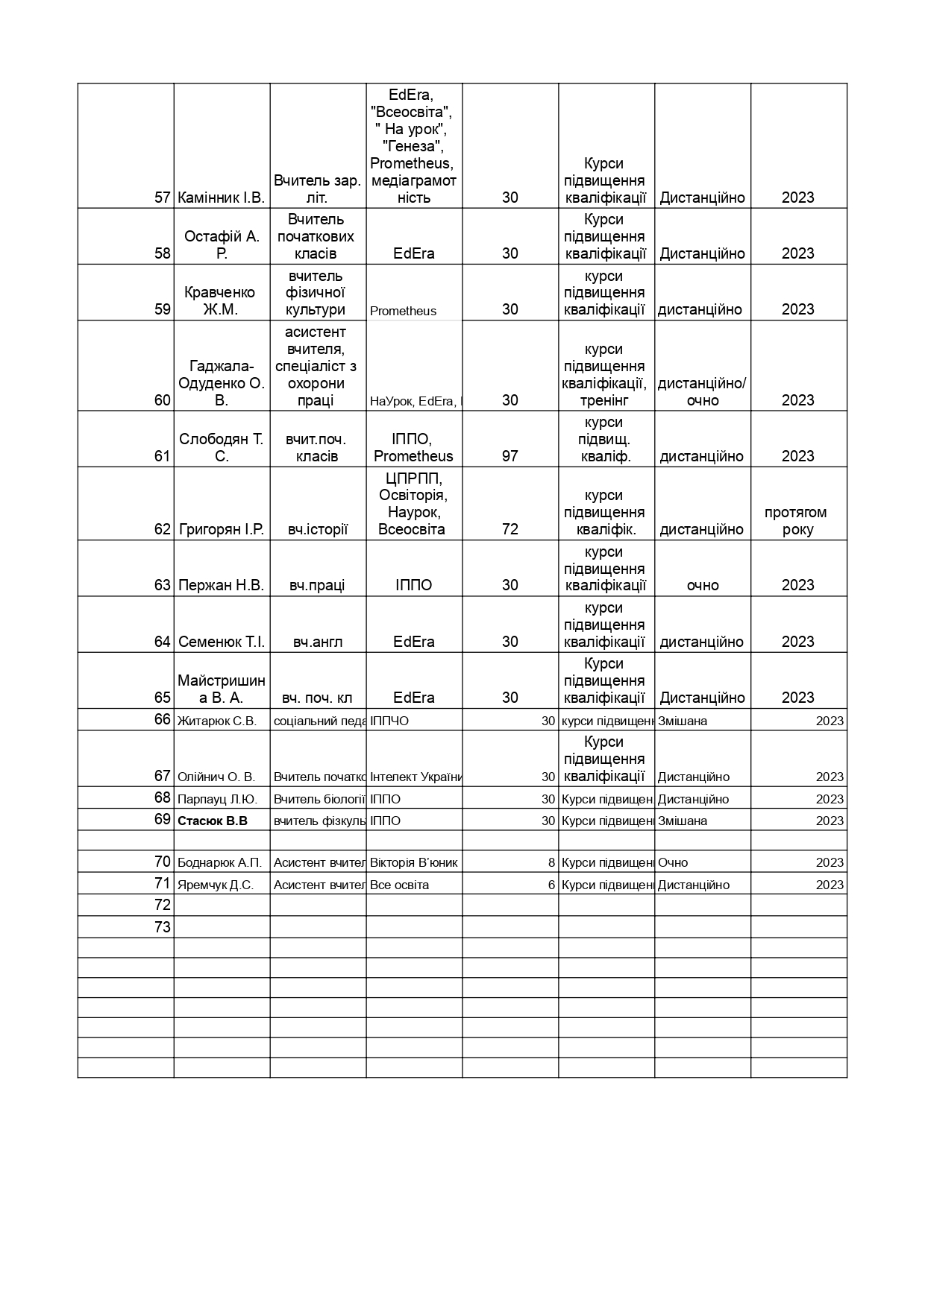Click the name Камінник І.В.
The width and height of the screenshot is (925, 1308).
222,198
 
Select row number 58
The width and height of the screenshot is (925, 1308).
163,253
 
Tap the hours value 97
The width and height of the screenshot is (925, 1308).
509,456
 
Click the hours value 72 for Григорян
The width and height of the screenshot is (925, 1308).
509,529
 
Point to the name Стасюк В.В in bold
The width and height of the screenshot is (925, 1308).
213,821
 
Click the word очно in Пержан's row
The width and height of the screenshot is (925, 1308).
703,586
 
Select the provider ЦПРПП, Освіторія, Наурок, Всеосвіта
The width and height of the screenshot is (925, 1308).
413,504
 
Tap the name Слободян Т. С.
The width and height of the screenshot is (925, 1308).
222,448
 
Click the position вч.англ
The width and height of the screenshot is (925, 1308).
318,642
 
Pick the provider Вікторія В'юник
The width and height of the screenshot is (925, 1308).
414,862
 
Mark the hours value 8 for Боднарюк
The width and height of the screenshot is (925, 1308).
551,862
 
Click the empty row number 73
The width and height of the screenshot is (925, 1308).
163,927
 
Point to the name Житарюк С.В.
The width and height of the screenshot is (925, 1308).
217,721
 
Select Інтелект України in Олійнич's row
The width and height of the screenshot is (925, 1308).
416,777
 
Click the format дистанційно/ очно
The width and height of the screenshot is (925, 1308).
702,392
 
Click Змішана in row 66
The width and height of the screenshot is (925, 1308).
683,721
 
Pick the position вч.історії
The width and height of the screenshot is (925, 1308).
318,530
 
